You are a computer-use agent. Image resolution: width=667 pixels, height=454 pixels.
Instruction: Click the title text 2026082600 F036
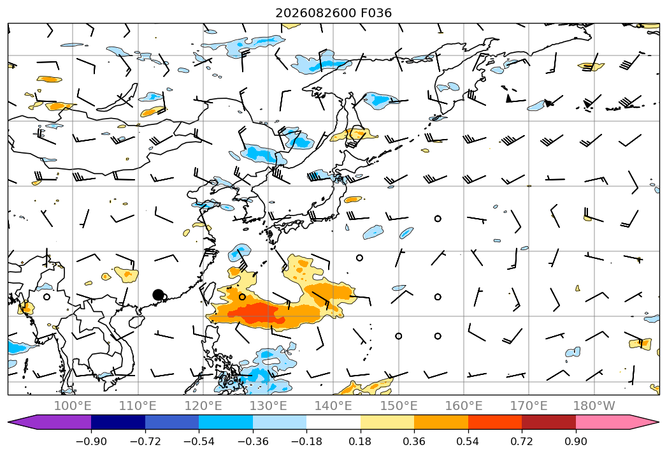point(334,13)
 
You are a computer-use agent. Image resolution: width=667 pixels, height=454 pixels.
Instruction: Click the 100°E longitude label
point(73,406)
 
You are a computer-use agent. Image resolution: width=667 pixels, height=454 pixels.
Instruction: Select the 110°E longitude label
point(138,406)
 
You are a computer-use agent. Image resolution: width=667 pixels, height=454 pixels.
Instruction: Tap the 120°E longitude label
point(203,406)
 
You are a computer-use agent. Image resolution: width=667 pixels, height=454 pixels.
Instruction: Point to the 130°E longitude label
point(268,406)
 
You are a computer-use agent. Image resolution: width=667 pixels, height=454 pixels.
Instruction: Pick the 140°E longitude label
point(333,406)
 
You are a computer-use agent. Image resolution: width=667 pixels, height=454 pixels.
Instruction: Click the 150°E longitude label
point(399,406)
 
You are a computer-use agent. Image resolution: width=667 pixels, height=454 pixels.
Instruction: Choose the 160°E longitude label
point(464,406)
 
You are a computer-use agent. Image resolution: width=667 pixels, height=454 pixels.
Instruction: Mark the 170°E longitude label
point(529,406)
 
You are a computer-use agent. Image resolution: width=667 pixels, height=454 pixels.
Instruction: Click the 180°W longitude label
point(594,406)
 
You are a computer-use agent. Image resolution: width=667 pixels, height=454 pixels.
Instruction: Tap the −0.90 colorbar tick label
point(91,441)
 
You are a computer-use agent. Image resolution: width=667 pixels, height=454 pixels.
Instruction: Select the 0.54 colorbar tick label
point(468,441)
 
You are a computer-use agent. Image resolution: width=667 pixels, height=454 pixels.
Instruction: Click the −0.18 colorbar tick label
point(306,441)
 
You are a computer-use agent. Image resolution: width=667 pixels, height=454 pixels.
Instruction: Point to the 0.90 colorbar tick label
point(575,441)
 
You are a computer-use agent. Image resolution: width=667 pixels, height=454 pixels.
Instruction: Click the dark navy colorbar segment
point(118,422)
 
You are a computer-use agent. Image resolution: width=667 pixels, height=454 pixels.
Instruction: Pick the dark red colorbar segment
point(549,422)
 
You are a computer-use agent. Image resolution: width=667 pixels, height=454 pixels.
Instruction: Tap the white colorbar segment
point(334,422)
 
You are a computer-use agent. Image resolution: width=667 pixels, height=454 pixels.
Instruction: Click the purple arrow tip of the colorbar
point(10,422)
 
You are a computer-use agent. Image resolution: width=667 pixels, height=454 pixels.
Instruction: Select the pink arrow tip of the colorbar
point(657,422)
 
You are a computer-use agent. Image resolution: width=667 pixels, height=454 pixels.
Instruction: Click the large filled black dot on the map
point(158,295)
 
